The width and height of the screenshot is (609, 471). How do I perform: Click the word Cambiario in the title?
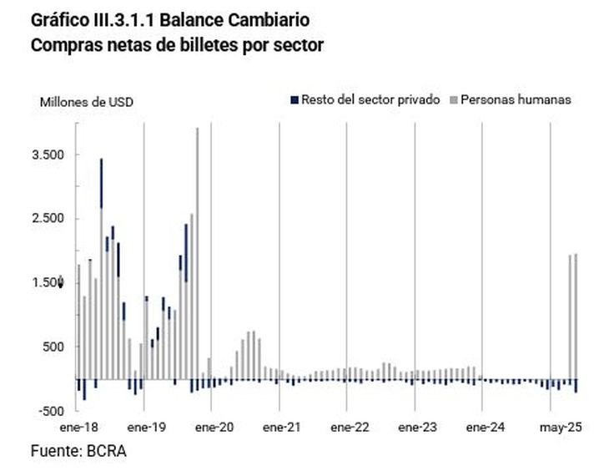[x=261, y=18]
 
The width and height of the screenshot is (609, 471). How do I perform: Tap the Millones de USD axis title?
[x=87, y=103]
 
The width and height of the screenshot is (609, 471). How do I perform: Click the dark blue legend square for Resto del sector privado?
[x=293, y=100]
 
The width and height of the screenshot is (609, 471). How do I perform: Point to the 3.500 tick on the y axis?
[x=48, y=155]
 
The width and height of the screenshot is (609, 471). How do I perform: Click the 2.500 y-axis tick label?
[x=48, y=219]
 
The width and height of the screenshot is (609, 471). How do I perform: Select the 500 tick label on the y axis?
[x=53, y=347]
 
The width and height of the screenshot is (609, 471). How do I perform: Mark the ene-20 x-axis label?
[x=214, y=427]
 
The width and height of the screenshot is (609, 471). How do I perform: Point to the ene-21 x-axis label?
[x=281, y=427]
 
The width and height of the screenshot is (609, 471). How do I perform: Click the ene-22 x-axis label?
[x=349, y=427]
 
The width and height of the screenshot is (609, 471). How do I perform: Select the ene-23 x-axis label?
[x=416, y=427]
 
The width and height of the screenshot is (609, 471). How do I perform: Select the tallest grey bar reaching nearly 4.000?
[x=197, y=251]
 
